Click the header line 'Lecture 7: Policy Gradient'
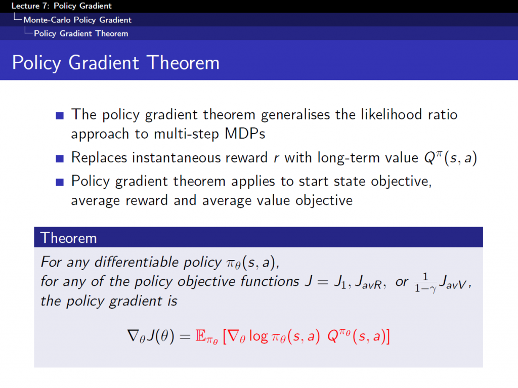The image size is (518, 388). point(61,6)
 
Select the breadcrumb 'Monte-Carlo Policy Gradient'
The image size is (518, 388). point(77,20)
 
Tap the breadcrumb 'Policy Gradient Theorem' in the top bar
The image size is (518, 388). point(81,33)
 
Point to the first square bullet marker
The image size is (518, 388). point(60,116)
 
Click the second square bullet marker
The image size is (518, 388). point(60,159)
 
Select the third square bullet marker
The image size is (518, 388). point(60,182)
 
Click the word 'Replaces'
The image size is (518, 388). point(99,158)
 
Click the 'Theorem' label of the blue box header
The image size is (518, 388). point(68,237)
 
